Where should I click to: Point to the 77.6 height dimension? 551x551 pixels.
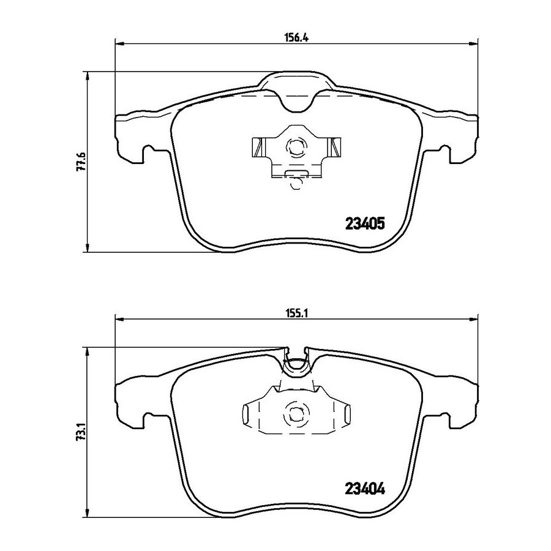(80, 161)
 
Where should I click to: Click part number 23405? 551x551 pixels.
(365, 223)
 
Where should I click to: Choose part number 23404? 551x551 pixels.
(365, 489)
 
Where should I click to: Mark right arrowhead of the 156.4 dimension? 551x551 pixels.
(473, 43)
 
